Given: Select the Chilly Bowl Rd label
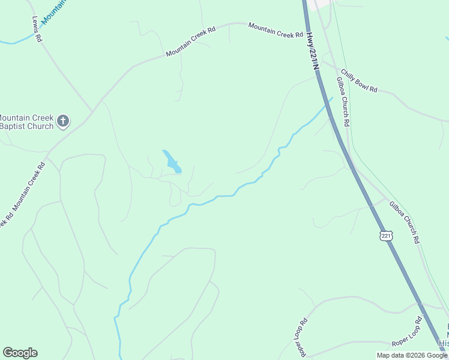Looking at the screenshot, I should [359, 81].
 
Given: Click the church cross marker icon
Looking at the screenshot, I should [63, 122].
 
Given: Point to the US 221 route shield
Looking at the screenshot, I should [386, 236].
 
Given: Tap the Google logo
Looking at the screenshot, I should [20, 353].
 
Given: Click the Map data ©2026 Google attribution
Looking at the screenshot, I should [412, 355].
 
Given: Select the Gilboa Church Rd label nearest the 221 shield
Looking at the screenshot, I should [405, 222].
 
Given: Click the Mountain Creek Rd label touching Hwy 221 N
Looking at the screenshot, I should [276, 30].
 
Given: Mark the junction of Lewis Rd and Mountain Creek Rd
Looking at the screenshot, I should [92, 112].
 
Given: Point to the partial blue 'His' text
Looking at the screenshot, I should [443, 343].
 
